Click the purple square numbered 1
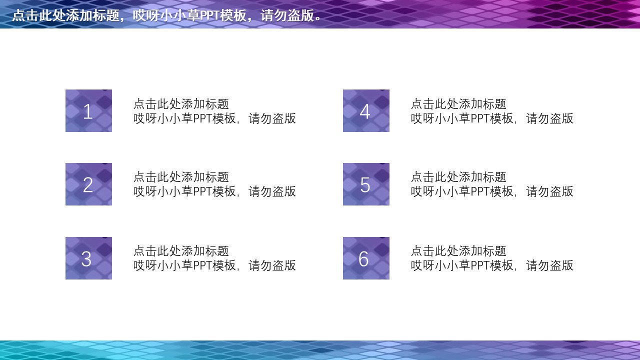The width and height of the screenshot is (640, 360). click(88, 110)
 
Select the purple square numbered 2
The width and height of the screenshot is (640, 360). click(88, 184)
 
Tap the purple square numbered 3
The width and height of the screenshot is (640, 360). click(88, 258)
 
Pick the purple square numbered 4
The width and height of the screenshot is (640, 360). click(366, 110)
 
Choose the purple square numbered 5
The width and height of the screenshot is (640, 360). click(366, 184)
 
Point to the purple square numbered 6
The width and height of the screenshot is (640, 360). click(366, 258)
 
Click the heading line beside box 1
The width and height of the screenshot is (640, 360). click(181, 104)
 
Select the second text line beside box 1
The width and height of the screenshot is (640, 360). click(214, 118)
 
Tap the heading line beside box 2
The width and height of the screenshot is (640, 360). click(181, 177)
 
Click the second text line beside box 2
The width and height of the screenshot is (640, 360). click(214, 191)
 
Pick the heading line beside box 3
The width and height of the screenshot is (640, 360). click(181, 251)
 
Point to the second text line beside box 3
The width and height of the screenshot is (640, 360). click(214, 265)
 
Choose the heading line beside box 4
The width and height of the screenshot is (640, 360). click(458, 104)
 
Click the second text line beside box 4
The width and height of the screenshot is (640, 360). click(492, 118)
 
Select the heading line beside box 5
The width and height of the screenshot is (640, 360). click(458, 177)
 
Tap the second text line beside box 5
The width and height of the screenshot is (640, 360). click(492, 191)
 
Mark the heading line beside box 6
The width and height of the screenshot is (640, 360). click(458, 251)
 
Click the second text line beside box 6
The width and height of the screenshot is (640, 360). click(492, 265)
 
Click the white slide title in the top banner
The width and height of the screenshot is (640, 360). click(167, 15)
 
